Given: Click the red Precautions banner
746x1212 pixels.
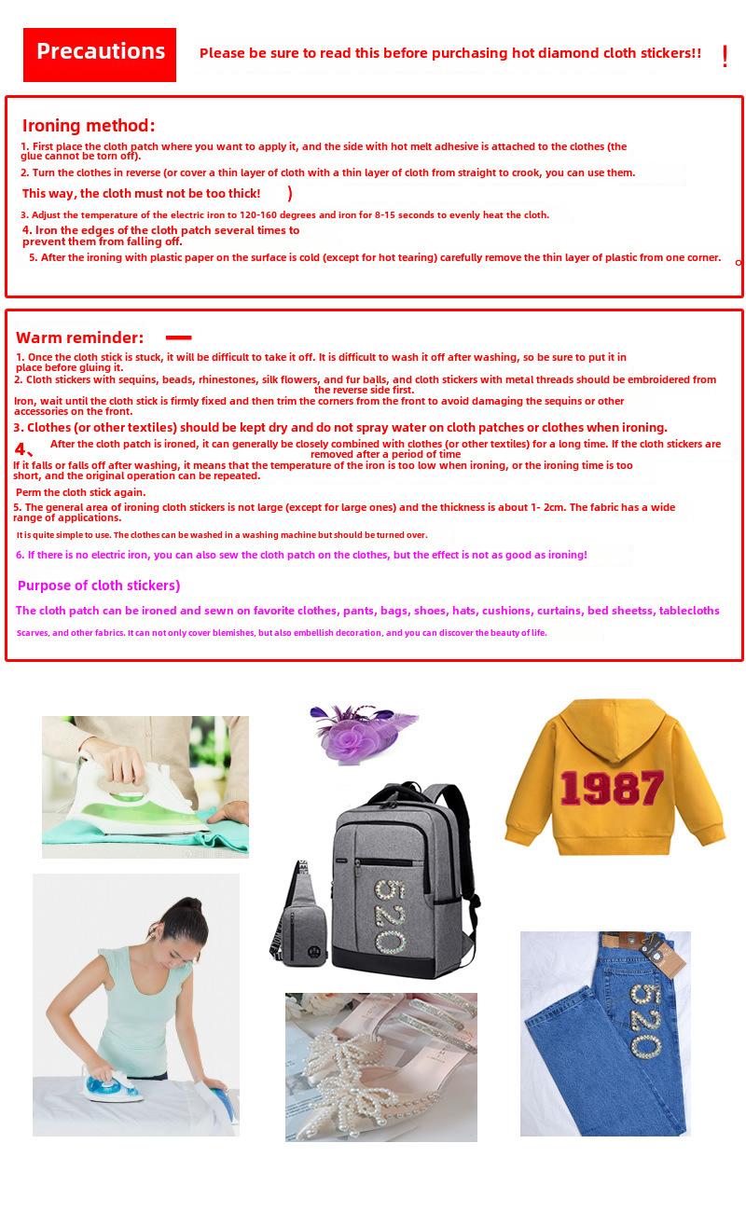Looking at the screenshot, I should click(x=100, y=53).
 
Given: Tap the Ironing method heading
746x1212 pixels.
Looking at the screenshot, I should click(x=89, y=126).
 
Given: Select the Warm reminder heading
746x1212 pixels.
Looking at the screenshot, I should click(x=80, y=337).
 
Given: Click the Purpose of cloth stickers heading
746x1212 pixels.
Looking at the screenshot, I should click(x=99, y=585).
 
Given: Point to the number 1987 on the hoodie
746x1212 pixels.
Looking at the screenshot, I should click(x=612, y=789).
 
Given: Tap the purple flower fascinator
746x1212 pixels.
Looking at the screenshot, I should click(x=359, y=737).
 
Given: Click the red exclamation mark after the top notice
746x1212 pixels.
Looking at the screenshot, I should click(x=725, y=56).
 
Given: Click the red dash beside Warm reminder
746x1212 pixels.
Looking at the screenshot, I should click(x=178, y=337).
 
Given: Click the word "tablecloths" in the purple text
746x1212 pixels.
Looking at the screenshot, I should click(x=689, y=611).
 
